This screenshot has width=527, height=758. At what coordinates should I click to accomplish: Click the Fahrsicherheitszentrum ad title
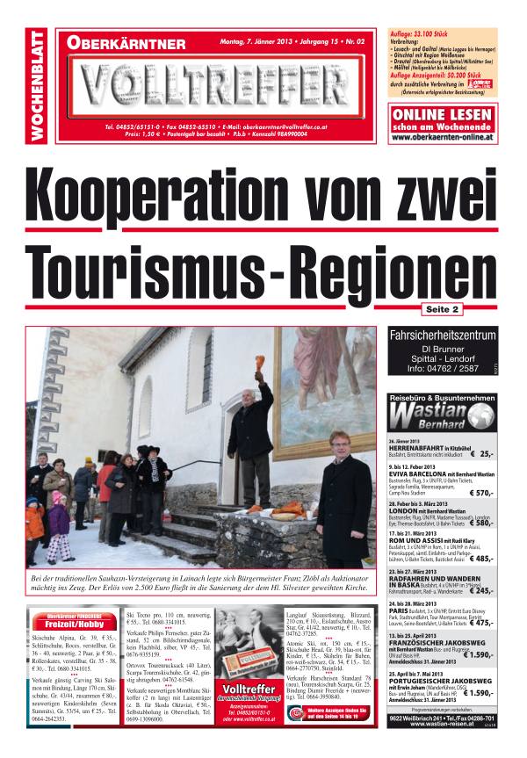click(448, 334)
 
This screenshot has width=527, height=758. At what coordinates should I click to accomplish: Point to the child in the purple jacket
click(57, 523)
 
